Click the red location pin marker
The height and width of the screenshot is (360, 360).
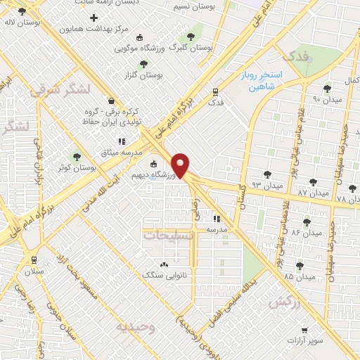tap(181, 165)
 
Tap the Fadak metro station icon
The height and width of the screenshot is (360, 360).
tap(216, 91)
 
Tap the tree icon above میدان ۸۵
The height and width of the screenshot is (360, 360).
tap(300, 266)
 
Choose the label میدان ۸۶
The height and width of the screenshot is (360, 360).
tap(306, 231)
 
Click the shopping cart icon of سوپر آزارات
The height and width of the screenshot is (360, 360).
tap(304, 329)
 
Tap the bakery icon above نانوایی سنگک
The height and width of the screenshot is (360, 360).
tap(164, 264)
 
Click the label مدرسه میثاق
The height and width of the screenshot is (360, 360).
tap(127, 153)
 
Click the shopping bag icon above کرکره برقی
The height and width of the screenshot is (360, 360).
tap(110, 100)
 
